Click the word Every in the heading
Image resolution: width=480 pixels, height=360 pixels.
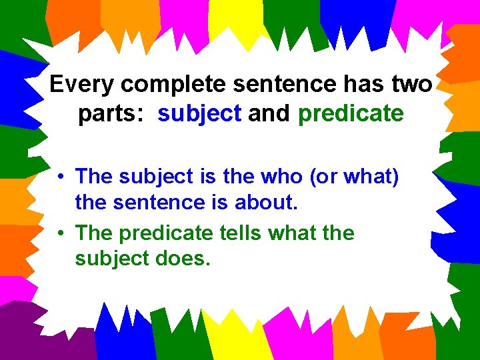76,85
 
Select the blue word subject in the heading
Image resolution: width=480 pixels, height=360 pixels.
199,114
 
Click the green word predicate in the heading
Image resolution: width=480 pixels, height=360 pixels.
351,114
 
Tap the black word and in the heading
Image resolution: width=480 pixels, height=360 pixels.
269,114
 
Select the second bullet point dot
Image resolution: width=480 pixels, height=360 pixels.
60,234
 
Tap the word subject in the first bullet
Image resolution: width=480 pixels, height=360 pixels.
157,177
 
